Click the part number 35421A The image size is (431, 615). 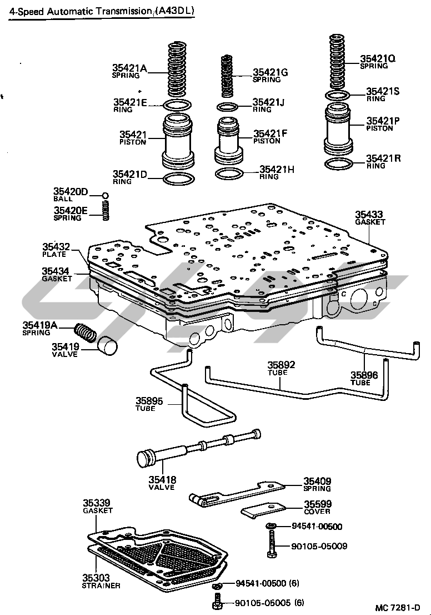coord(130,68)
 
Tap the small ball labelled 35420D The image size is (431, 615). coord(105,195)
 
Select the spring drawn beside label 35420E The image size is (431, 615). coord(105,210)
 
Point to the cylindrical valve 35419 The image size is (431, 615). coord(108,344)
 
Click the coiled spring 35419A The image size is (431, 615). coord(86,333)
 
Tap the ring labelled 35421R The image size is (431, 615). coord(338,165)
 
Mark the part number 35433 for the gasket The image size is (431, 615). coord(369,214)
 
